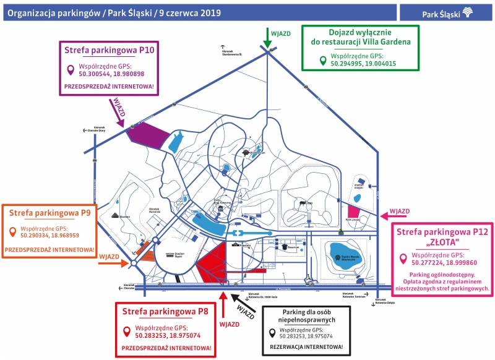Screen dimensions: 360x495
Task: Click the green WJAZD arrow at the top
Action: pos(267,38)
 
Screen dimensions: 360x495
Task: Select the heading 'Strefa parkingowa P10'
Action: pos(108,49)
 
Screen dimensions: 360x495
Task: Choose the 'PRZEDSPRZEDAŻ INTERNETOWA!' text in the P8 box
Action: pos(166,349)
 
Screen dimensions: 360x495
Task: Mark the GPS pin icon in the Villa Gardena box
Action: pos(322,61)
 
